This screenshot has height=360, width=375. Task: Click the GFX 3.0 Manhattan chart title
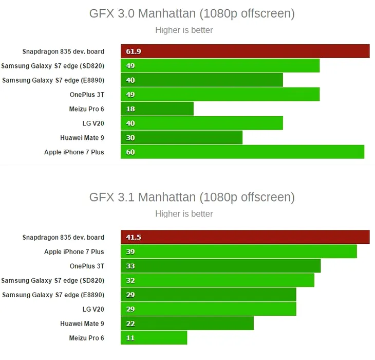pyautogui.click(x=192, y=14)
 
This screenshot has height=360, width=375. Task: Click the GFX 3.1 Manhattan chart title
pyautogui.click(x=192, y=197)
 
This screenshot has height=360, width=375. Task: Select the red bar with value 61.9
pyautogui.click(x=245, y=51)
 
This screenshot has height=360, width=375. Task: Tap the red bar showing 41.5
pyautogui.click(x=245, y=237)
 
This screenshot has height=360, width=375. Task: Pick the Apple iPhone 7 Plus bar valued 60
pyautogui.click(x=242, y=152)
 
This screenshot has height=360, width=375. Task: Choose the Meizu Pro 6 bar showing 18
pyautogui.click(x=157, y=109)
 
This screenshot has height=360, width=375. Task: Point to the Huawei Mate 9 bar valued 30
pyautogui.click(x=181, y=138)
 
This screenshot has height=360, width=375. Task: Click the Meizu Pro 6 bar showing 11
pyautogui.click(x=154, y=338)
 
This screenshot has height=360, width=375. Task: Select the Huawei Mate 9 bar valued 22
pyautogui.click(x=188, y=323)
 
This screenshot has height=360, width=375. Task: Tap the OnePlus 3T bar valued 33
pyautogui.click(x=221, y=266)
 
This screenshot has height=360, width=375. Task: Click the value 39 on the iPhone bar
pyautogui.click(x=130, y=252)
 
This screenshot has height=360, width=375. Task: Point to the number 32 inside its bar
pyautogui.click(x=130, y=281)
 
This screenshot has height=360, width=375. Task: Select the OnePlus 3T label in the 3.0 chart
pyautogui.click(x=87, y=95)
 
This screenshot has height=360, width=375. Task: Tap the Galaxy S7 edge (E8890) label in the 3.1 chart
pyautogui.click(x=53, y=295)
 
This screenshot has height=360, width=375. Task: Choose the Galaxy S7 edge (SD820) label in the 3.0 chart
pyautogui.click(x=53, y=66)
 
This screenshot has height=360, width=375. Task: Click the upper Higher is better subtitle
pyautogui.click(x=184, y=30)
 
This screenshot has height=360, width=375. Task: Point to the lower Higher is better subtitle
pyautogui.click(x=184, y=214)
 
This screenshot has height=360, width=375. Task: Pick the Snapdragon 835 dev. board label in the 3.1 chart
pyautogui.click(x=63, y=238)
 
